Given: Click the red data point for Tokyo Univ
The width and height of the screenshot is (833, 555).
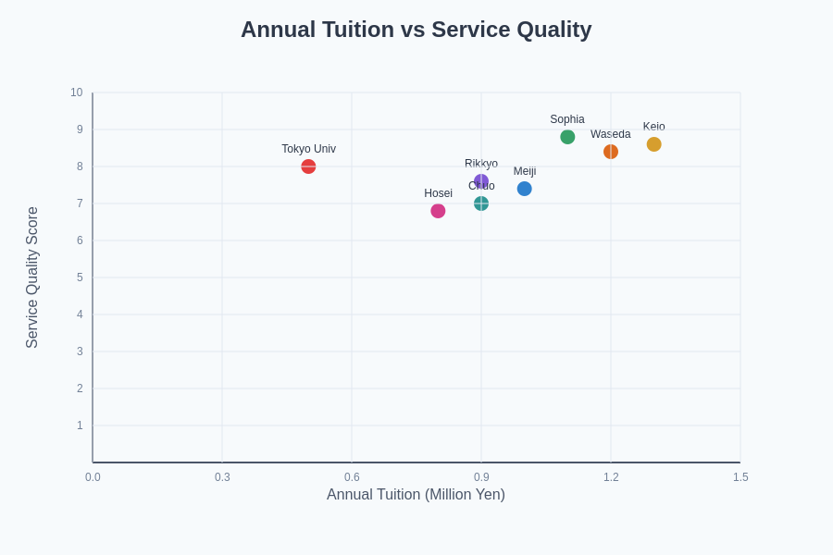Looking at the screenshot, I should (x=308, y=166).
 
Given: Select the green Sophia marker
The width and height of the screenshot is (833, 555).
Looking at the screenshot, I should (x=567, y=137).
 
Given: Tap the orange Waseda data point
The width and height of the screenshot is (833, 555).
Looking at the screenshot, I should (x=611, y=152).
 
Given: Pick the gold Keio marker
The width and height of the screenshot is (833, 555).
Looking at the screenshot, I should (x=654, y=144).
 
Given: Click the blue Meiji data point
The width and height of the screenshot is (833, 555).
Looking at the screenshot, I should (x=525, y=189).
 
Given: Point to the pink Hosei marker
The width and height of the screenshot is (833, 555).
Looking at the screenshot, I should (x=438, y=211).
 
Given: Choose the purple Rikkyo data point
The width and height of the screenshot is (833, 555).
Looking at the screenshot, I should (x=481, y=181).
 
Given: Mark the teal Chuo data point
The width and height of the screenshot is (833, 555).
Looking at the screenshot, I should (x=481, y=203).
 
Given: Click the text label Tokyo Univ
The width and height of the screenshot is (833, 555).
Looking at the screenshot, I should (x=308, y=149).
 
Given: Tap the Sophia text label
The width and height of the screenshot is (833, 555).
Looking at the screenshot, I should (x=567, y=119).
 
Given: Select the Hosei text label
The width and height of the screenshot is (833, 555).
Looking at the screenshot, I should (x=438, y=193).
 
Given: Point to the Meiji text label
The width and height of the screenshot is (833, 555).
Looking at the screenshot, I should (x=525, y=171).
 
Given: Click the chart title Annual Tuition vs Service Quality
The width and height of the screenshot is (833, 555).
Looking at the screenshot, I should (x=416, y=30).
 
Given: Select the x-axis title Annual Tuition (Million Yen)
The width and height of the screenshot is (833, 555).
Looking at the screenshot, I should (x=416, y=495).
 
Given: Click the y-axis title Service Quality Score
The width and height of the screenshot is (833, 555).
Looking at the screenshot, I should (x=32, y=277).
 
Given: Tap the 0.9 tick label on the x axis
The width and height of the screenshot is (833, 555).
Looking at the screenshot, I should (x=481, y=477).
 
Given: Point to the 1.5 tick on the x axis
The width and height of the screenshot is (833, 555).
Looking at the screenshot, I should (x=740, y=477).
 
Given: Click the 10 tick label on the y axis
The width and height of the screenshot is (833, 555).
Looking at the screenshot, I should (x=76, y=92).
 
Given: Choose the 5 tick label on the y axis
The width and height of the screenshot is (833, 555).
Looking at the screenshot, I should (x=80, y=277).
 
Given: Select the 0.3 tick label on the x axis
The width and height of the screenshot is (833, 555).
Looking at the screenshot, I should (x=222, y=477).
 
